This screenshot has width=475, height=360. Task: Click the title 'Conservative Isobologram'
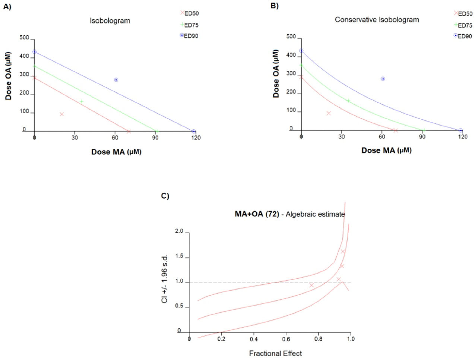pyautogui.click(x=377, y=20)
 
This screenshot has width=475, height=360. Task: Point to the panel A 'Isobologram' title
pyautogui.click(x=110, y=21)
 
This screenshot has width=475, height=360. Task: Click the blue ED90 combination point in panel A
pyautogui.click(x=116, y=80)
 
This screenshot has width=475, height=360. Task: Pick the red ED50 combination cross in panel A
pyautogui.click(x=62, y=114)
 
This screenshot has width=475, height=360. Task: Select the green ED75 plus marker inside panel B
pyautogui.click(x=348, y=101)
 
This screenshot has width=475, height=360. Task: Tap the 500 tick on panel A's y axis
pyautogui.click(x=24, y=38)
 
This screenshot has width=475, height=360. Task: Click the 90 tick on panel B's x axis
pyautogui.click(x=422, y=137)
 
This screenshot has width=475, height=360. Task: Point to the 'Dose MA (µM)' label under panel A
pyautogui.click(x=116, y=152)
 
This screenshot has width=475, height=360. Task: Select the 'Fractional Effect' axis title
pyautogui.click(x=275, y=353)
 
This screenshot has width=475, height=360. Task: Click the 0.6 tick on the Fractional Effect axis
pyautogui.click(x=286, y=339)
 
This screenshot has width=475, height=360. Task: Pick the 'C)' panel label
pyautogui.click(x=165, y=196)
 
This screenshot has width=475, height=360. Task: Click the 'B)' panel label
pyautogui.click(x=274, y=6)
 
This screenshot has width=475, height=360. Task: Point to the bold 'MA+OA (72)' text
pyautogui.click(x=257, y=214)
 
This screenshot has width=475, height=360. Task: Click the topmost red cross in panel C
pyautogui.click(x=343, y=252)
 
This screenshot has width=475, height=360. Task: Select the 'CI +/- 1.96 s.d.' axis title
pyautogui.click(x=165, y=279)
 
